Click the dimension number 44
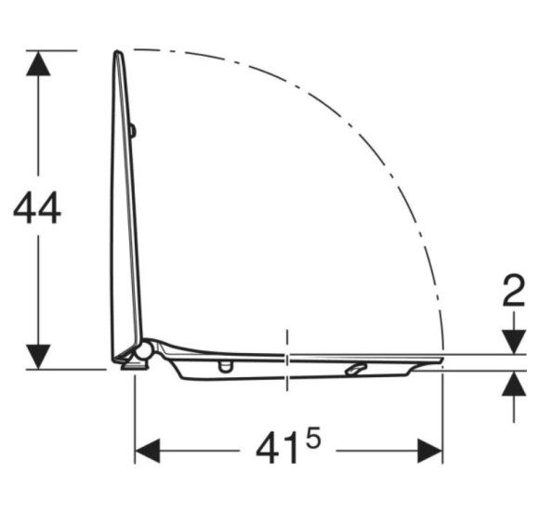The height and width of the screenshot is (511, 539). coord(37,208)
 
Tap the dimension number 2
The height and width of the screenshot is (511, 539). coord(514,291)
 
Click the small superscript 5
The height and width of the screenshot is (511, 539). coord(313,438)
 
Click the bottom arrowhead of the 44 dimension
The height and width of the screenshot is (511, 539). coord(38,357)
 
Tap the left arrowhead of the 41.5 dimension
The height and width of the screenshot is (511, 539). coord(148,451)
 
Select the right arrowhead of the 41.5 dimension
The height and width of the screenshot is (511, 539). coord(429,451)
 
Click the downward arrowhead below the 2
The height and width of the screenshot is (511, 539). coord(514,342)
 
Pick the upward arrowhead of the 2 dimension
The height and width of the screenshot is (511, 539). coord(514,384)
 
